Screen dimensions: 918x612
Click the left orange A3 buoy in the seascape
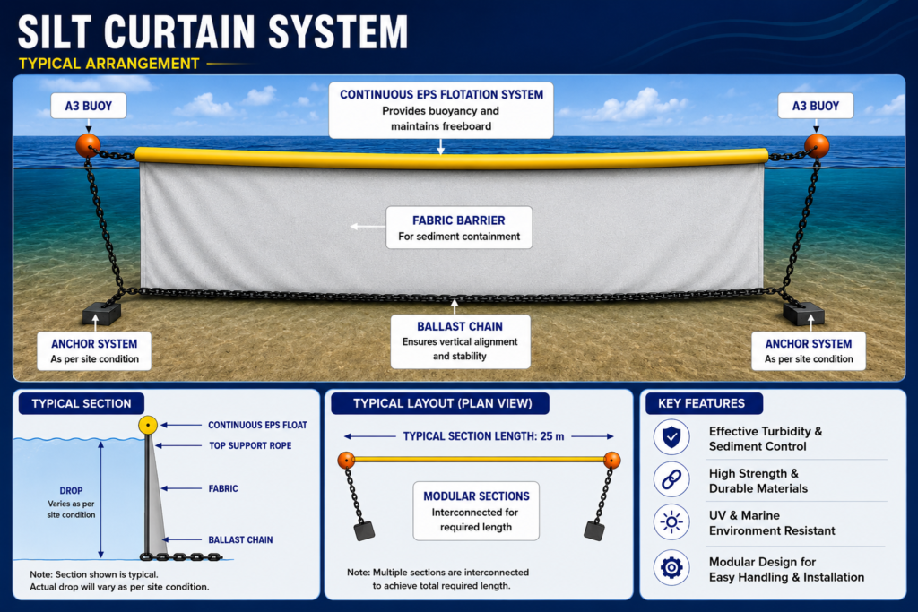pos(88,145)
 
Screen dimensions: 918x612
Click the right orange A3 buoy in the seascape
pos(816,146)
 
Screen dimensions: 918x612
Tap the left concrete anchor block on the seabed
pos(101,314)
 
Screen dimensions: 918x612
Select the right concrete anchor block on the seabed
pos(803,313)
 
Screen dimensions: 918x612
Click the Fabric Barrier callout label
pos(459,228)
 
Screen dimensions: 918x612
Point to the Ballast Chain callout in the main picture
pos(460,341)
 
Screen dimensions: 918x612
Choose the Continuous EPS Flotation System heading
pos(441,95)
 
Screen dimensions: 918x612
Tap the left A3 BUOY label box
pos(89,106)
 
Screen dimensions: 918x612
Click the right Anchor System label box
pos(809,351)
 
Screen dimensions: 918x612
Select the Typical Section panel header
pos(82,403)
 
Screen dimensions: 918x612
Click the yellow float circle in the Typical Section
pos(148,425)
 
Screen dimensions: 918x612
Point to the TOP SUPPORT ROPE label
pos(251,446)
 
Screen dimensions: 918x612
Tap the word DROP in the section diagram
pos(71,491)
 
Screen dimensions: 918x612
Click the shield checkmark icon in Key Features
pos(671,437)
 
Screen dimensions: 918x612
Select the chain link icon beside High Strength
pos(671,479)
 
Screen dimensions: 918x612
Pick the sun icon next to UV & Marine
pos(671,521)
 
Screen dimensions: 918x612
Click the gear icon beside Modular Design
pos(671,567)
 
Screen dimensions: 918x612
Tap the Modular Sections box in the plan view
pos(476,511)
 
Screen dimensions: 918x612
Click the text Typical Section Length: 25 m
pos(483,436)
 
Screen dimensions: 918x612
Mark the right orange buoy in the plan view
pos(611,460)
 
